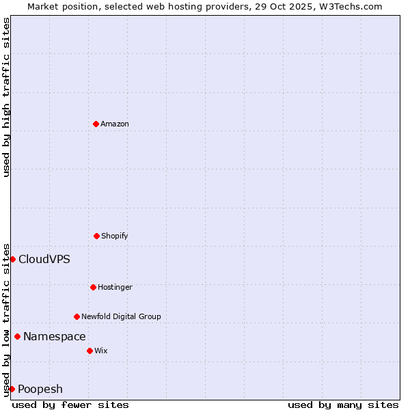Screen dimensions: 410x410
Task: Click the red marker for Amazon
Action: (x=96, y=124)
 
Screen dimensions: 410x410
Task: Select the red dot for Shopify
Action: (x=96, y=236)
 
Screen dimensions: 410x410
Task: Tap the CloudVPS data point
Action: (x=12, y=259)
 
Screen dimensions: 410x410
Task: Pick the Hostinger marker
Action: (x=93, y=287)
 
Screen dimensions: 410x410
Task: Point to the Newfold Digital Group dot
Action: (x=77, y=316)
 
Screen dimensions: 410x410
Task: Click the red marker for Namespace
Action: (x=17, y=336)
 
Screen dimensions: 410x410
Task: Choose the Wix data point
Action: (x=90, y=351)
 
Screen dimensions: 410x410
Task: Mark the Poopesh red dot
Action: (x=12, y=389)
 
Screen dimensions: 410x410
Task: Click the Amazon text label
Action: (x=115, y=124)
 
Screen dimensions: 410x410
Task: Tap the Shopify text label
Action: (x=115, y=236)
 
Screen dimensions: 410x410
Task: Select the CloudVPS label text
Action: (x=44, y=259)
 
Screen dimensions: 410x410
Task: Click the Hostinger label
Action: (x=115, y=287)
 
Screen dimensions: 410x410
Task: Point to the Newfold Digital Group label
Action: (x=121, y=316)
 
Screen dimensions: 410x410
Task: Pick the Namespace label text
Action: (x=55, y=336)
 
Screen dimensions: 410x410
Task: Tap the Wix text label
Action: (x=101, y=351)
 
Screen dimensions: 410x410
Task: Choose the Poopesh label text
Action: (x=40, y=389)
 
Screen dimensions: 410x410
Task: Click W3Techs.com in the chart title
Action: (x=349, y=6)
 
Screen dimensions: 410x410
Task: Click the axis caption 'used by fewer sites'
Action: (x=70, y=405)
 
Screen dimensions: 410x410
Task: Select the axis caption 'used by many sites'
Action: (x=343, y=405)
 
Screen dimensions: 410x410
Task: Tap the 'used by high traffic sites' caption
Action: (x=6, y=97)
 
